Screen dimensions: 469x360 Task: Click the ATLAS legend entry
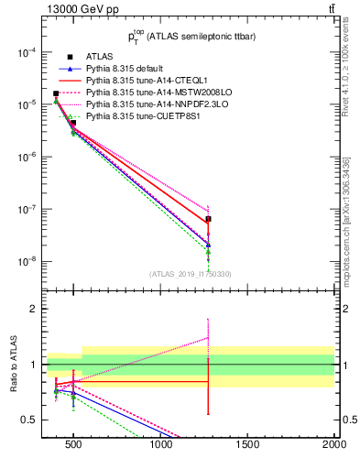97,57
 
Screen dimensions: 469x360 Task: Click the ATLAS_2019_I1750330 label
190,274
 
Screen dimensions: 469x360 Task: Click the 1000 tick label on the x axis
161,445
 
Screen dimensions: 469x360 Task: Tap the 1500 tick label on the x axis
247,445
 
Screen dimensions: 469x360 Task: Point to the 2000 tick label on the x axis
333,445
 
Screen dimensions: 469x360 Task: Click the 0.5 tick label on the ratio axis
31,420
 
